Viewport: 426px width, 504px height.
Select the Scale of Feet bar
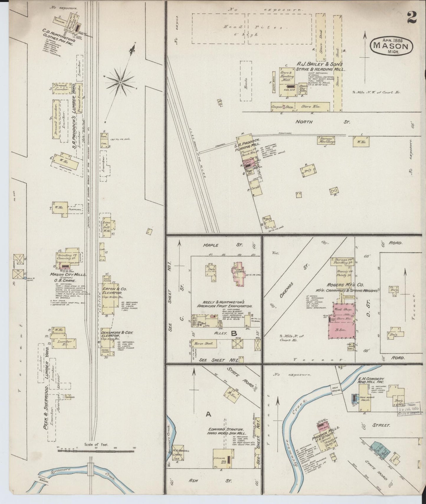coord(96,450)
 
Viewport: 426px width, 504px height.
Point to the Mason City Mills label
coord(68,274)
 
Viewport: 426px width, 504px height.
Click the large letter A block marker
coord(208,414)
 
